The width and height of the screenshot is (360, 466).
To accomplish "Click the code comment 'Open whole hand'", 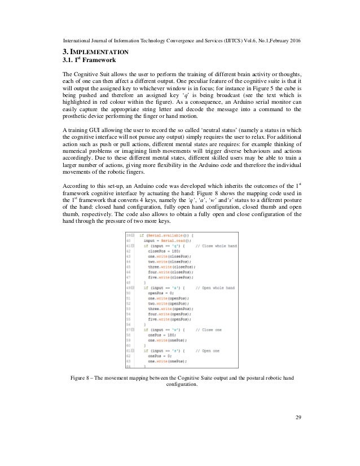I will (x=218, y=288).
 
